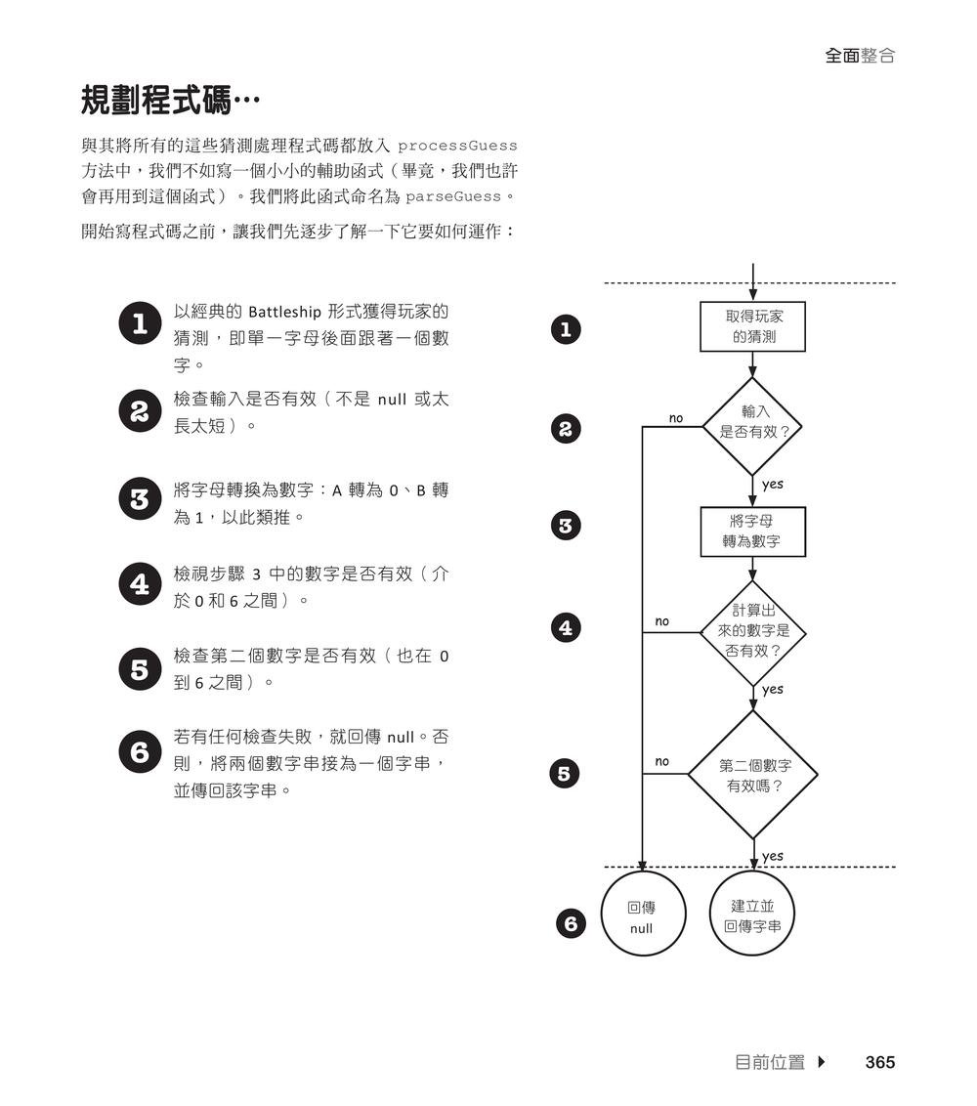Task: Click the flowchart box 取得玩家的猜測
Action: (752, 326)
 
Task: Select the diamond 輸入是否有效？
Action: (753, 422)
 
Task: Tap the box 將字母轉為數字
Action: (752, 531)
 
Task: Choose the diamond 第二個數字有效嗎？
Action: (753, 775)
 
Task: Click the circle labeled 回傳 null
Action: (642, 917)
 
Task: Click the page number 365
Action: (879, 1062)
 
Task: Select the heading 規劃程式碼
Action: (170, 101)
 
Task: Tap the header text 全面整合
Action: (860, 56)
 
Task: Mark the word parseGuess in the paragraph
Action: (452, 197)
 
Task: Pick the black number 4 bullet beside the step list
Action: (140, 584)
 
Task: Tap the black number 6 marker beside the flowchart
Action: (572, 923)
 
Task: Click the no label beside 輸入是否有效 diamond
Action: (676, 418)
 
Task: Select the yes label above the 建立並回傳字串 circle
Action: (772, 856)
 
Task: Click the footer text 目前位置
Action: (769, 1062)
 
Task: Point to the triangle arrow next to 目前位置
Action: (821, 1062)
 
